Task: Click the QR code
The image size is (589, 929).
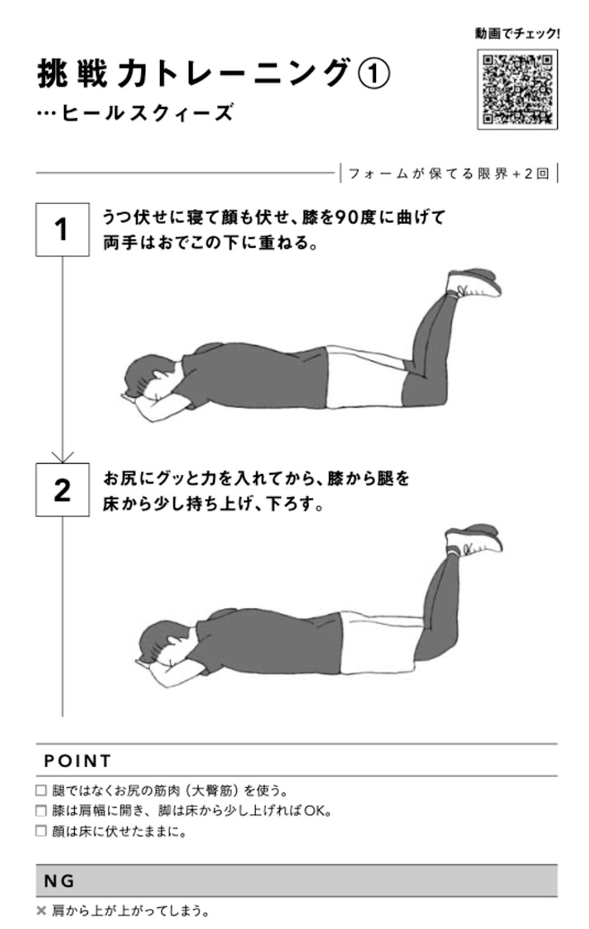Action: point(517,89)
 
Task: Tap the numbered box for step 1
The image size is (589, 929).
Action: point(62,229)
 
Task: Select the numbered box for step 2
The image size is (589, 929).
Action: point(62,490)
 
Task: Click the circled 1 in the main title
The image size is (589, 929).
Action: point(373,74)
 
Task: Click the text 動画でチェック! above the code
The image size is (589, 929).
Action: point(517,34)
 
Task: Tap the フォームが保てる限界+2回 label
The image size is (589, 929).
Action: point(449,174)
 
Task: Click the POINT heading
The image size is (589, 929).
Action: point(78,761)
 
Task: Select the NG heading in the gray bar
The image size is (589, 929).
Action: point(59,881)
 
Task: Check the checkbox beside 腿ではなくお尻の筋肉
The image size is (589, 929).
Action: point(41,791)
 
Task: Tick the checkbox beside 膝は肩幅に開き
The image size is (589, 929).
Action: point(41,811)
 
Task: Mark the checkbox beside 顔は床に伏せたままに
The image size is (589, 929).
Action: point(41,831)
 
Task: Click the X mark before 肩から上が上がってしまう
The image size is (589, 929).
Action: point(41,911)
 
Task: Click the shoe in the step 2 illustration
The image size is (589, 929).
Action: point(474,539)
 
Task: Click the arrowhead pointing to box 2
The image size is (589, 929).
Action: point(62,458)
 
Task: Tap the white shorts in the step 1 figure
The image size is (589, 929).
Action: point(365,377)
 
